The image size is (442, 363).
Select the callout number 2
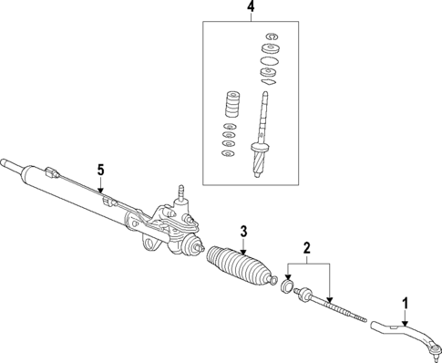point(307,247)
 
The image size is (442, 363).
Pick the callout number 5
point(102,169)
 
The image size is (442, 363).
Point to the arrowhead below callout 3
point(244,248)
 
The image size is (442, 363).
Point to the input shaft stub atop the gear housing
point(181,192)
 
